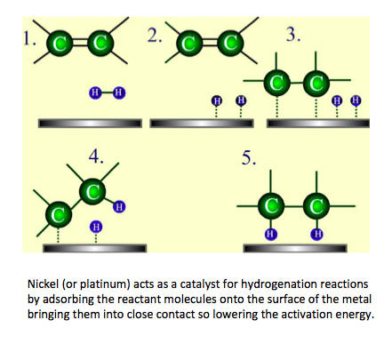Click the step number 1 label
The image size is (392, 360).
tap(29, 38)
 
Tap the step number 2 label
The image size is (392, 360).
tap(155, 36)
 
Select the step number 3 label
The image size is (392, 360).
tap(293, 34)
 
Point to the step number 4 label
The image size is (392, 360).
tap(96, 156)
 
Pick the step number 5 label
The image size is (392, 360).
tap(249, 157)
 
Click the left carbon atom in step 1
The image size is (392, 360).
tap(60, 44)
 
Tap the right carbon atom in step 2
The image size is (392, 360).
tap(230, 43)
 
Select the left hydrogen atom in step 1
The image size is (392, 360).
tap(95, 92)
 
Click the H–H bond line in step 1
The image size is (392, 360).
tap(107, 92)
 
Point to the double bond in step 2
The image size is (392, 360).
tap(210, 44)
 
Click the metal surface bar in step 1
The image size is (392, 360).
tap(90, 124)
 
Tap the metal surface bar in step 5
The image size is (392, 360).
tap(295, 248)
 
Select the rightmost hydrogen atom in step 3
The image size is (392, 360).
tap(356, 100)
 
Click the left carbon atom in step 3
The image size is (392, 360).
tap(277, 83)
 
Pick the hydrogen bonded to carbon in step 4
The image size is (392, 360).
tap(119, 206)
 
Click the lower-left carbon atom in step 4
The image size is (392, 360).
tap(59, 214)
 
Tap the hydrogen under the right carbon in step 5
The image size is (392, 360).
tap(316, 234)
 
